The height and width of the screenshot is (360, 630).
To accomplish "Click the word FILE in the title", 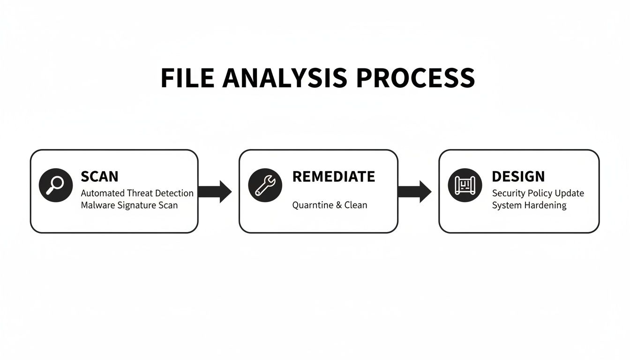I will coord(187,78).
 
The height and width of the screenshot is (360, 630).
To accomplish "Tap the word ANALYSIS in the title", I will coord(285,78).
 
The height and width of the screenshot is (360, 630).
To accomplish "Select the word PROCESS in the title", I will coord(415,78).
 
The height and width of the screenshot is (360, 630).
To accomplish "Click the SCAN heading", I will coord(99,177).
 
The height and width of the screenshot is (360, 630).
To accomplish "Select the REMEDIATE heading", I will coord(333,177).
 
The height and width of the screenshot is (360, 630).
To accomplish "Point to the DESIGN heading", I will coord(518,177).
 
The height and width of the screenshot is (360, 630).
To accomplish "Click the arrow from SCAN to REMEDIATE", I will coord(216,191).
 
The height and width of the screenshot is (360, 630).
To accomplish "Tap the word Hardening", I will coord(546,205).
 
